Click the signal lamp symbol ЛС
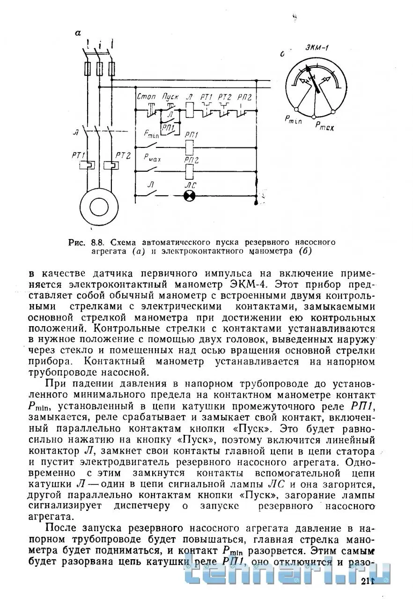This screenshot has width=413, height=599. (190, 197)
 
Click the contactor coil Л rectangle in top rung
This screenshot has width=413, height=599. (190, 110)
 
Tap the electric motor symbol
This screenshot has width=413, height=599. (98, 205)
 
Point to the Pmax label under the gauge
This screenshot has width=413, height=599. (324, 125)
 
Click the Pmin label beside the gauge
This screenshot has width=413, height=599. (293, 119)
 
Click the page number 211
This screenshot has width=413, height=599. (368, 581)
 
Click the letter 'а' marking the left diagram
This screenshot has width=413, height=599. (78, 32)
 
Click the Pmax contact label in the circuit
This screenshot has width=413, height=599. (152, 159)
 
